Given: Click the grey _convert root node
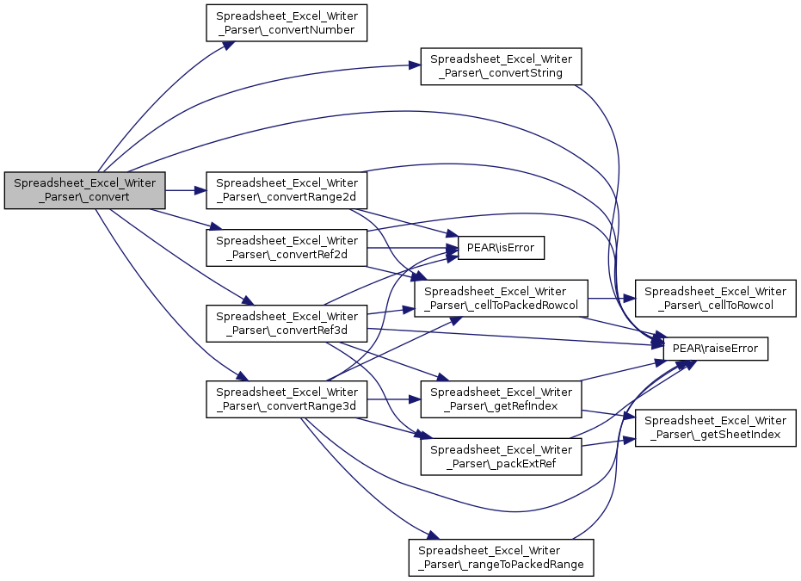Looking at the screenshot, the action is (x=85, y=190).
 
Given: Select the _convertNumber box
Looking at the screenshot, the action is (x=287, y=23).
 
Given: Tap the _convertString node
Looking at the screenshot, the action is (x=501, y=66).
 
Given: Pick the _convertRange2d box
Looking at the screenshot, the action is (x=287, y=190).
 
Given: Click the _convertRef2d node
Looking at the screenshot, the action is (x=287, y=248).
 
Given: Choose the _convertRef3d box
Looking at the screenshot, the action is (x=287, y=324).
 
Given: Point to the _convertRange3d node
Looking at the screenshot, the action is (x=287, y=399).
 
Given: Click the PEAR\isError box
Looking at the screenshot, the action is (x=501, y=248).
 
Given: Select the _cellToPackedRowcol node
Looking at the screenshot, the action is (x=501, y=299).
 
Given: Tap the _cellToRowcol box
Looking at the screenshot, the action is (x=715, y=299).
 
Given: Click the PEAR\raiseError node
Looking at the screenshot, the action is (x=715, y=349).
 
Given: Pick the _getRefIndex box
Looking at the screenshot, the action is (x=501, y=399).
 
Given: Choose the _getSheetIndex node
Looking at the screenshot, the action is (x=715, y=428).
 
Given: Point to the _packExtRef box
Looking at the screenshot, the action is (x=501, y=457).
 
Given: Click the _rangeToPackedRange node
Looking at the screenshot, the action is (x=501, y=558).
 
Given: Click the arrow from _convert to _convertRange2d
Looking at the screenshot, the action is (x=186, y=190).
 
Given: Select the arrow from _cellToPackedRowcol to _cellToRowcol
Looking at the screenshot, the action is (x=612, y=299).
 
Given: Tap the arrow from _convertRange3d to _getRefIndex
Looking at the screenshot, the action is (x=394, y=399).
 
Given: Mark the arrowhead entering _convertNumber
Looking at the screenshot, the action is (x=228, y=45).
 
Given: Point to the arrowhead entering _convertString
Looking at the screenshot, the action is (x=415, y=65).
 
